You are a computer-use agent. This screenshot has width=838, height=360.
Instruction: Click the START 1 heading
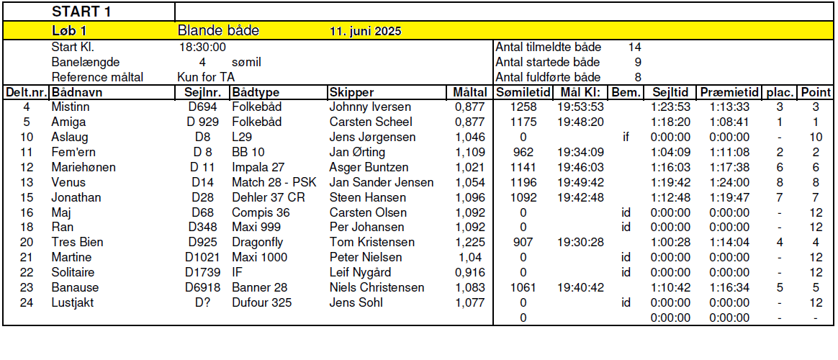[81, 12]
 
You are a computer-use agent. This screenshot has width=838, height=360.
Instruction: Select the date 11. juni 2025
[365, 32]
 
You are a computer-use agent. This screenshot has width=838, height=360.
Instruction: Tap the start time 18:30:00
[202, 48]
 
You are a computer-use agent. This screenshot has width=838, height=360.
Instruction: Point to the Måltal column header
[469, 93]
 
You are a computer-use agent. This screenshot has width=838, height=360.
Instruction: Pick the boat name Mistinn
[70, 107]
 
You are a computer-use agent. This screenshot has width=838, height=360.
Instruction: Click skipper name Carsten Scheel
[371, 122]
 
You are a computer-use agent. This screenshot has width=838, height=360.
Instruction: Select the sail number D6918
[203, 288]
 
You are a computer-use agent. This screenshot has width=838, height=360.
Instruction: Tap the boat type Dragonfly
[257, 243]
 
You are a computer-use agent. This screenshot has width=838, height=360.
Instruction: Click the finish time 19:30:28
[580, 243]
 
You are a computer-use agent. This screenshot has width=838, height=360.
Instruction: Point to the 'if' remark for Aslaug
[626, 137]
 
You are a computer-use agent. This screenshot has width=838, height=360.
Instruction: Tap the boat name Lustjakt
[72, 303]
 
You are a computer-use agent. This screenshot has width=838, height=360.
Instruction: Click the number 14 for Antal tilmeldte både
[634, 48]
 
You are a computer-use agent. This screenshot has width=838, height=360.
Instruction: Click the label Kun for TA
[206, 77]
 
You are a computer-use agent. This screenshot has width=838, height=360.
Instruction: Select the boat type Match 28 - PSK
[274, 182]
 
